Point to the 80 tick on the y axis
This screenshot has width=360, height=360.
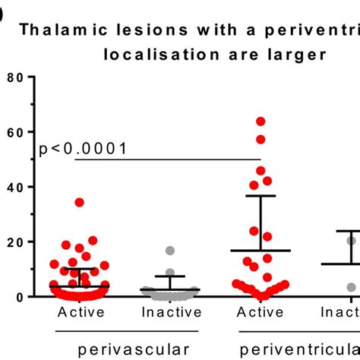point(15,77)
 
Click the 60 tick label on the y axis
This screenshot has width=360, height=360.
point(15,132)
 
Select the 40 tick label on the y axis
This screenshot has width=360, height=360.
point(15,187)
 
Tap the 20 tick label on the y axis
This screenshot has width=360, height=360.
point(15,242)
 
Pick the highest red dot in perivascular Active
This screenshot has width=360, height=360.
point(79,203)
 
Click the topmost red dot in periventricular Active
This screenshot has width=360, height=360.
point(261,122)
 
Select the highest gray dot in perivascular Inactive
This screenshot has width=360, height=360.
point(170,251)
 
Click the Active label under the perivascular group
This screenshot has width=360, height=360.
point(79,311)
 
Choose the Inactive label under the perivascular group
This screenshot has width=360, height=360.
point(170,311)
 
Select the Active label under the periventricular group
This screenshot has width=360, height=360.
point(261,311)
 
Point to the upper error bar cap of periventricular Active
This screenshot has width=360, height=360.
point(261,196)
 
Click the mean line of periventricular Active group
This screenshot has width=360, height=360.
point(261,251)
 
